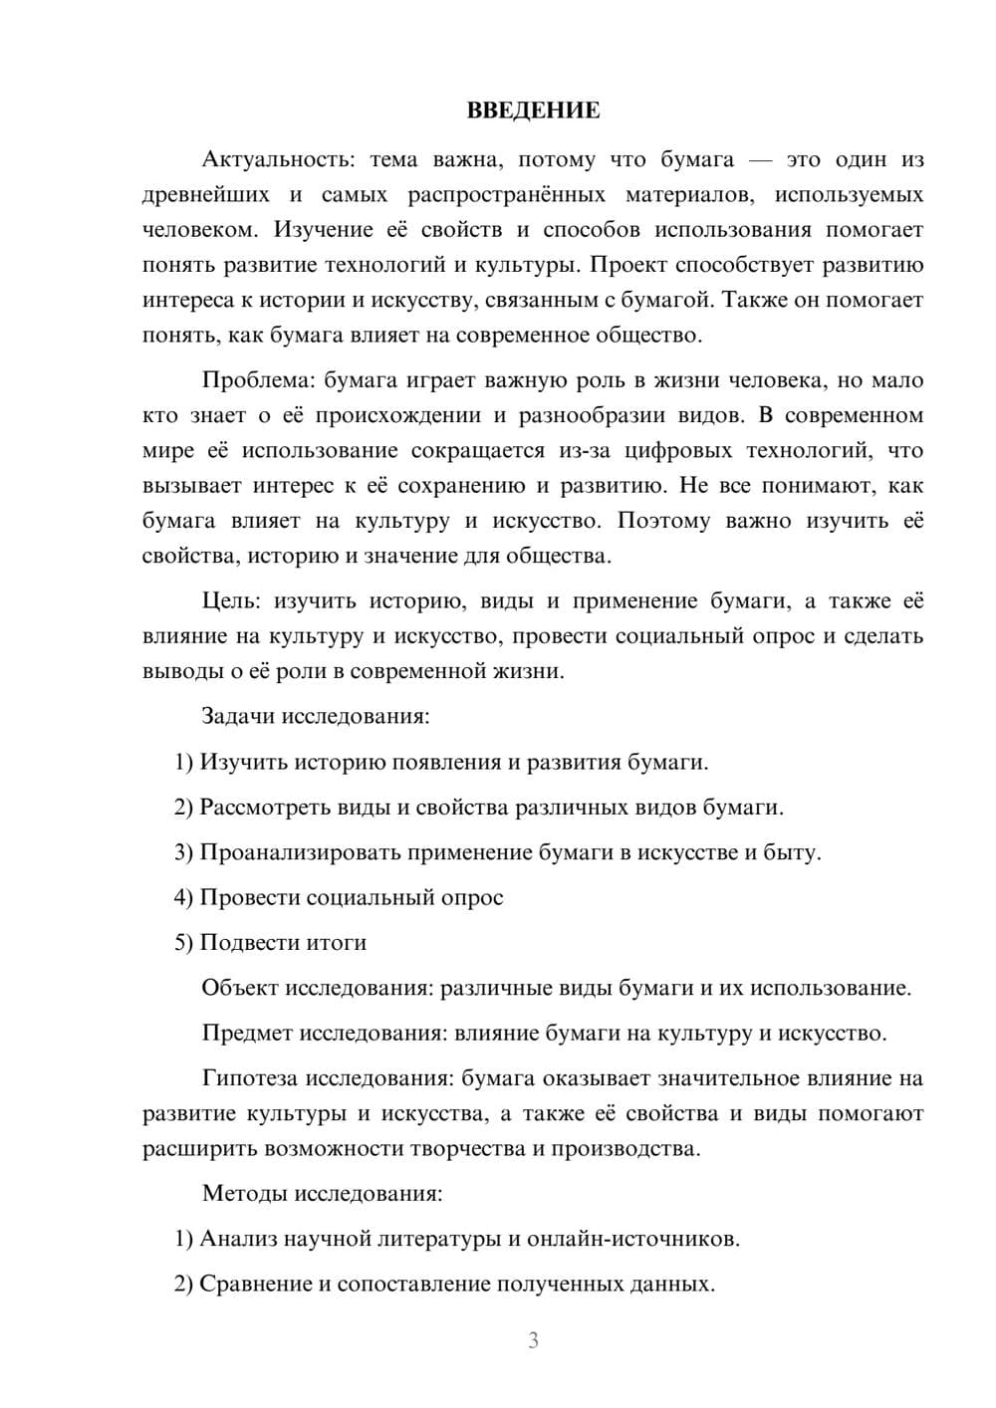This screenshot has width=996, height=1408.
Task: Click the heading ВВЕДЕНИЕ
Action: (533, 111)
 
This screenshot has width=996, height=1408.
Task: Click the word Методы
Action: (239, 1193)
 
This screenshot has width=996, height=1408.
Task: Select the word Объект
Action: (240, 988)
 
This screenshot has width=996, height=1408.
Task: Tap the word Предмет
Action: (248, 1033)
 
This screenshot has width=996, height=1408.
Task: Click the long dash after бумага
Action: (761, 160)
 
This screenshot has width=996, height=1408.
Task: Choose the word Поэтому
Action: (664, 521)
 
